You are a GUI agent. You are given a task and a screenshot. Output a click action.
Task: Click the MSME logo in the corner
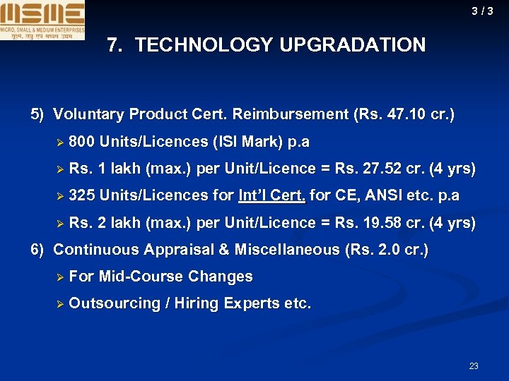[x=42, y=20]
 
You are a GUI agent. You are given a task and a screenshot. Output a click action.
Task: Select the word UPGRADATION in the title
[x=353, y=46]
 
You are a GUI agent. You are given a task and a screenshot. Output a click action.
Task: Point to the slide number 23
[x=474, y=366]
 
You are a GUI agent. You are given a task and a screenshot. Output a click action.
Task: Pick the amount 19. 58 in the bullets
[x=378, y=223]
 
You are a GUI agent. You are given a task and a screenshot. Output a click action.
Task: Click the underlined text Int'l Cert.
[x=272, y=195]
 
